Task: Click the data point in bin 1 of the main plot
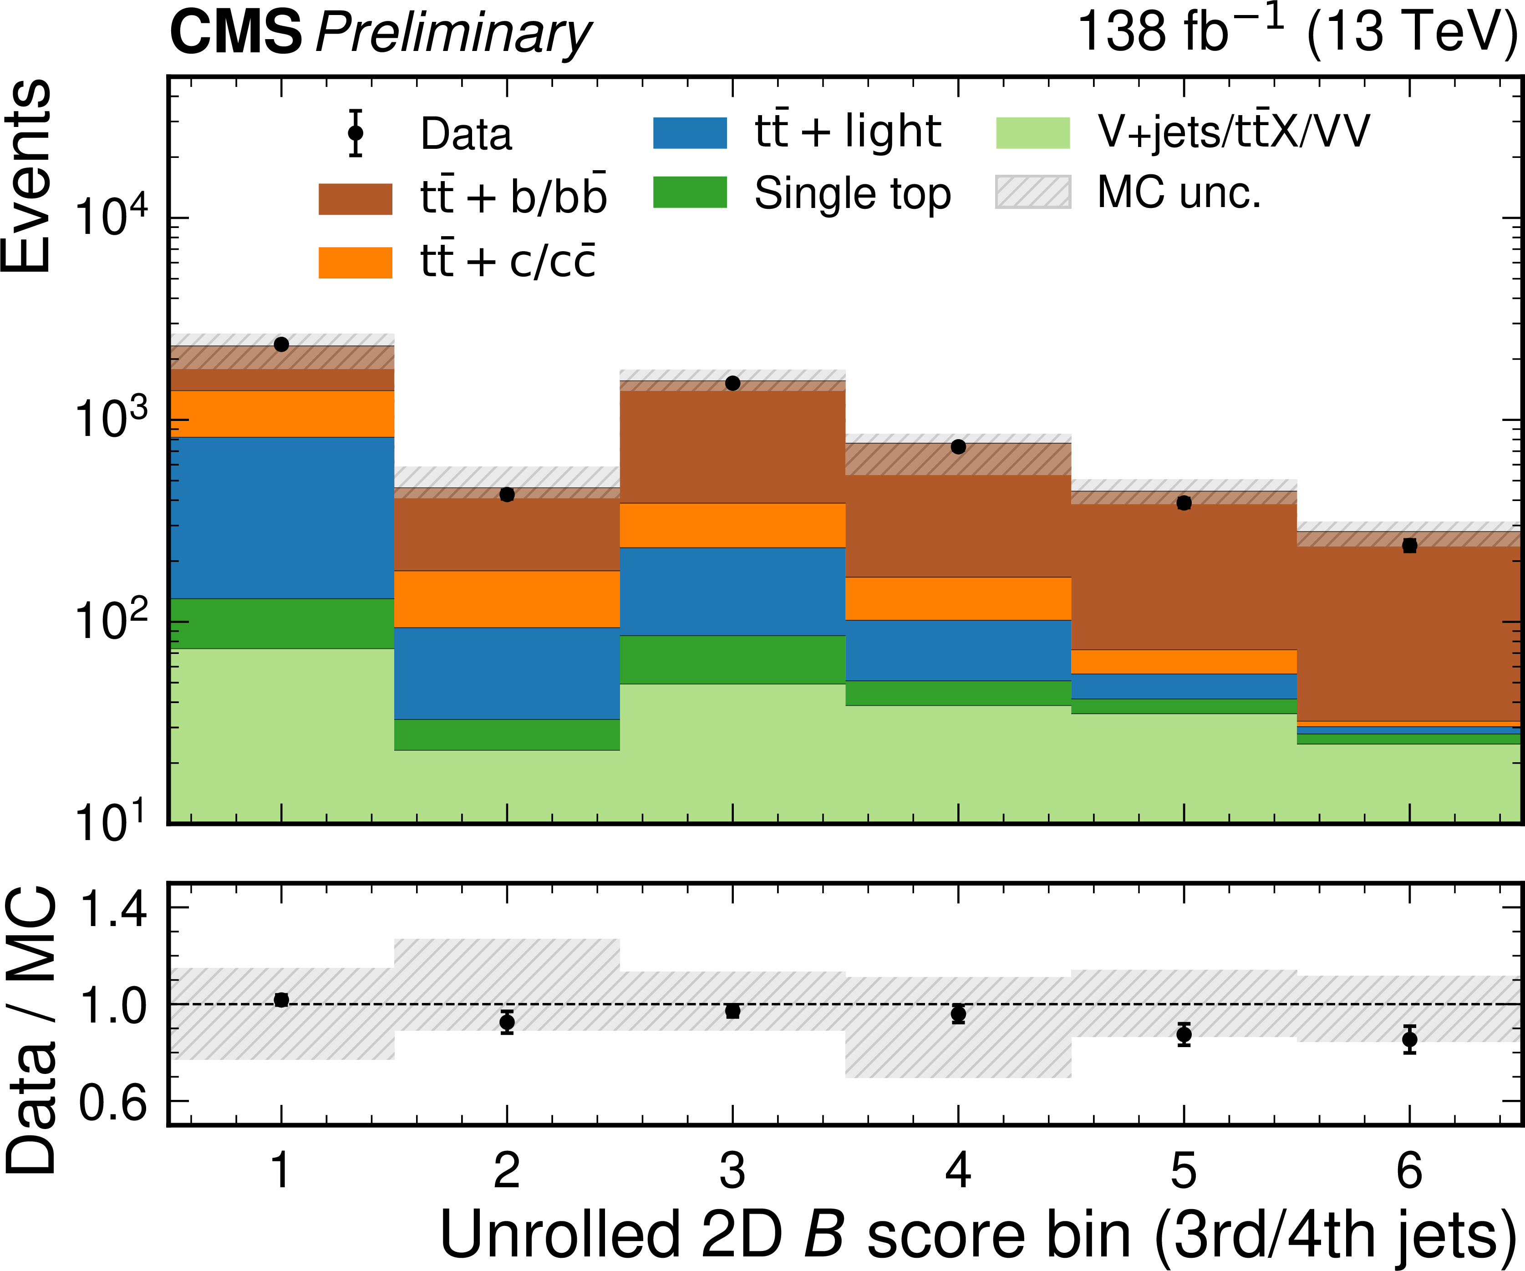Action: tap(281, 344)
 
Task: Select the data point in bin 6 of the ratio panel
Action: tap(1409, 1039)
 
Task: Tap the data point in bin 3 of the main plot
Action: tap(733, 383)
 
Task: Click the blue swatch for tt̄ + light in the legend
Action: tap(690, 133)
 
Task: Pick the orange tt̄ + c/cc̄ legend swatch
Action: tap(355, 262)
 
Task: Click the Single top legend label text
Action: tap(853, 194)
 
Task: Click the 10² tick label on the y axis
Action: tap(111, 619)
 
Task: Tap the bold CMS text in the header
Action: tap(235, 33)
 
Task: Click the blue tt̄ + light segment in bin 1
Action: tap(282, 517)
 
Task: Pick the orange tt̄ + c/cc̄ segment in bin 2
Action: tap(507, 599)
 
